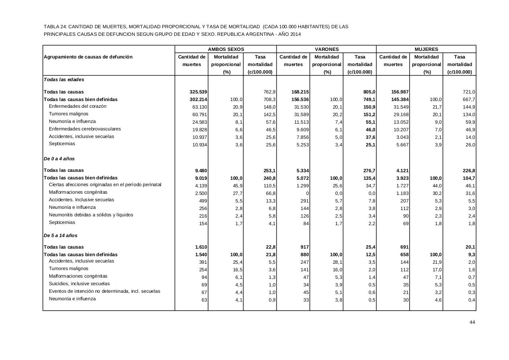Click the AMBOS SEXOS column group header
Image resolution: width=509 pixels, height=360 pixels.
pyautogui.click(x=226, y=49)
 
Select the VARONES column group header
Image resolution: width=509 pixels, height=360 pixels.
pyautogui.click(x=326, y=49)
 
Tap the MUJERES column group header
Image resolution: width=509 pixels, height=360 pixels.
pyautogui.click(x=426, y=49)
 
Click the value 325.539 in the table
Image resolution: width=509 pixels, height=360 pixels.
pyautogui.click(x=198, y=92)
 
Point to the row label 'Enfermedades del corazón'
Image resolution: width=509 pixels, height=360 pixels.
pyautogui.click(x=78, y=106)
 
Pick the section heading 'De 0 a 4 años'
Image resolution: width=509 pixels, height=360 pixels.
pyautogui.click(x=59, y=159)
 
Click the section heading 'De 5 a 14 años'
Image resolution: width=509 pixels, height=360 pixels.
pyautogui.click(x=60, y=235)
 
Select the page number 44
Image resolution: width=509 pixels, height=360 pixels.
pyautogui.click(x=472, y=322)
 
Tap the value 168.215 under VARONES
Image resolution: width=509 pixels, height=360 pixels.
pyautogui.click(x=300, y=92)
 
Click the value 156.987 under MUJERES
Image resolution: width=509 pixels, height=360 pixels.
pyautogui.click(x=400, y=92)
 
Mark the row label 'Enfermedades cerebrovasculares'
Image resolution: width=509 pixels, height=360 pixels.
pyautogui.click(x=85, y=129)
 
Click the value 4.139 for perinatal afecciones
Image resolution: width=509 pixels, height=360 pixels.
pyautogui.click(x=200, y=186)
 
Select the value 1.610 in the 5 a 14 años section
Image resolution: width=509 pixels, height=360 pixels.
pyautogui.click(x=200, y=247)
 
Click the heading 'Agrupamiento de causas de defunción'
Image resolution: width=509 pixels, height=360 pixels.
pyautogui.click(x=88, y=57)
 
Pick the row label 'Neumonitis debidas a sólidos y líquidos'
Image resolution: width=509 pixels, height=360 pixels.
pyautogui.click(x=91, y=215)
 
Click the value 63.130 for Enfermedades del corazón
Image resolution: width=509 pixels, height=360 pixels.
pyautogui.click(x=200, y=107)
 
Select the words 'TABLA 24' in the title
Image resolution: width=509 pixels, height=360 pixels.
pyautogui.click(x=55, y=27)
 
